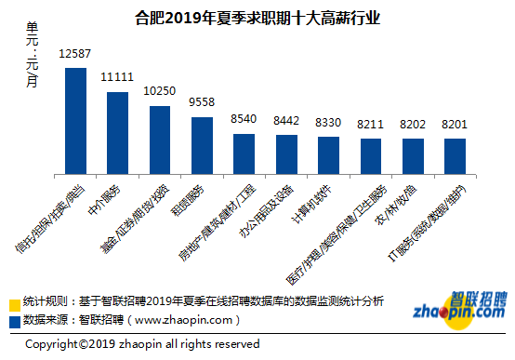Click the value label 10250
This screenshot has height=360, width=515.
click(x=159, y=90)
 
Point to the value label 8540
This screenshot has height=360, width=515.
click(x=244, y=119)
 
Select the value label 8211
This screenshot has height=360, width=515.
click(x=370, y=123)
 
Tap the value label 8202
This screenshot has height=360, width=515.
click(x=412, y=123)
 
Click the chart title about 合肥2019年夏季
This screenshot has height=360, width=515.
click(x=257, y=18)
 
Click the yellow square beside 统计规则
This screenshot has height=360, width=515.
click(x=14, y=304)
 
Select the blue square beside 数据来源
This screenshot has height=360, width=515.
click(x=14, y=321)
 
